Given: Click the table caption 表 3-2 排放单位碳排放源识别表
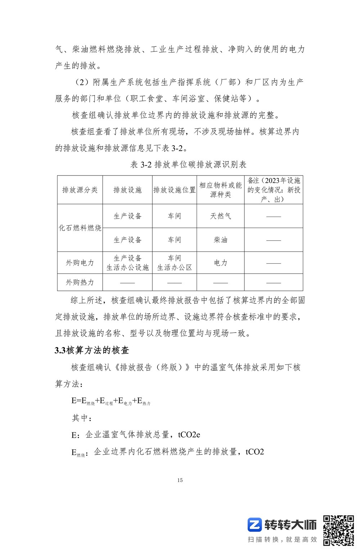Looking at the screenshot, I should (x=188, y=165).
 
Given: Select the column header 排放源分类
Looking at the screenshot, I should (x=80, y=190).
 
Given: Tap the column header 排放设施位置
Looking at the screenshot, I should (x=175, y=190).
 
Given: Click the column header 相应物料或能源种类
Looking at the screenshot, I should (x=220, y=190).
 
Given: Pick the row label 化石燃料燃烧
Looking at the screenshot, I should (x=80, y=228).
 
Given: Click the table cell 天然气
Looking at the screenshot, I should (x=220, y=216).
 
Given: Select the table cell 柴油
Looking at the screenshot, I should (x=220, y=240).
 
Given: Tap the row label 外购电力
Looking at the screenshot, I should (x=80, y=263).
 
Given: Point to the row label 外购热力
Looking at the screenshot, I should (x=80, y=282).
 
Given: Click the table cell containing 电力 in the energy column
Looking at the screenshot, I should (x=220, y=263).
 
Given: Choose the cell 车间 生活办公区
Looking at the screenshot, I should (x=175, y=263).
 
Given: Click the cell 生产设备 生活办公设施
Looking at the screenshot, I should (x=127, y=263).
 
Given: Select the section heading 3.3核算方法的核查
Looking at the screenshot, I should (x=92, y=350).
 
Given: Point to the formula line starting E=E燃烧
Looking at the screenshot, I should (x=111, y=401).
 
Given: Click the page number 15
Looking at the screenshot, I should (x=180, y=480).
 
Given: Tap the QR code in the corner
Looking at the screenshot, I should (x=338, y=530).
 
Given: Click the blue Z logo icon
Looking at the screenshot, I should (x=254, y=525).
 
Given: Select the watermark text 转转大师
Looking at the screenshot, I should (x=290, y=525).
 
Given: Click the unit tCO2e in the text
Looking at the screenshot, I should (x=189, y=435).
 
